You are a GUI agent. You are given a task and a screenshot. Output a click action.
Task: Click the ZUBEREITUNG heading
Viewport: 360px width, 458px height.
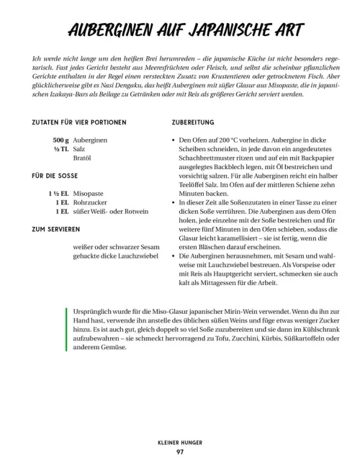pos(197,124)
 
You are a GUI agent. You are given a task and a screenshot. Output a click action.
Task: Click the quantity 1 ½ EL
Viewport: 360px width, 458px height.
pos(56,192)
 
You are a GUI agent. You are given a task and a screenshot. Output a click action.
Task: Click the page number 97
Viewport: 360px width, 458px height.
pos(179,451)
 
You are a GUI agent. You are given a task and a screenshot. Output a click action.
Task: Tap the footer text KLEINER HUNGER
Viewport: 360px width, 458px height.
pos(179,441)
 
